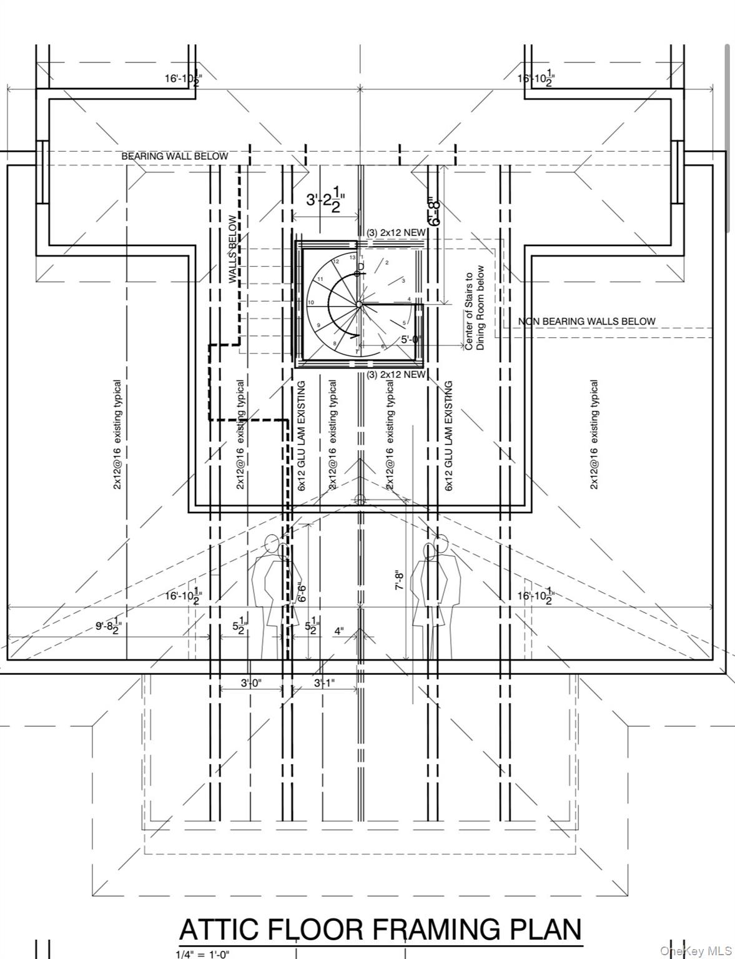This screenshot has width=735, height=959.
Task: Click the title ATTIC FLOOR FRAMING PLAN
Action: tap(380, 929)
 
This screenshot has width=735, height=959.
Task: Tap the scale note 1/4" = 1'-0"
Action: tap(202, 954)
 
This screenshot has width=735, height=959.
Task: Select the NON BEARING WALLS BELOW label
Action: tap(586, 322)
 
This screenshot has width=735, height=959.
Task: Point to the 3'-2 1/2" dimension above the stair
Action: tap(325, 199)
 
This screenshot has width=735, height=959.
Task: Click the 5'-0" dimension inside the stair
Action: tap(411, 340)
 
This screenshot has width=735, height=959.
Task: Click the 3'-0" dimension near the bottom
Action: tap(252, 683)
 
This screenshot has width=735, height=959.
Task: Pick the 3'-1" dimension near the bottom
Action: tap(324, 683)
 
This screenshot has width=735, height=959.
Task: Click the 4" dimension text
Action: tap(338, 631)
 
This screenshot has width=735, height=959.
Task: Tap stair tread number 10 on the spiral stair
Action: tap(310, 303)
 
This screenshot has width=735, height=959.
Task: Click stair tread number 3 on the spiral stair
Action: tap(403, 281)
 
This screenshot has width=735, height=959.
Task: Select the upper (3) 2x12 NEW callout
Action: tap(397, 233)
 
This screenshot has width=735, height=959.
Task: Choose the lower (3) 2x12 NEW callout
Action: tap(396, 375)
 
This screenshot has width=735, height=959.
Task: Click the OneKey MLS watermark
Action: tap(696, 951)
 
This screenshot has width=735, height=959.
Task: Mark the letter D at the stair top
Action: tap(360, 267)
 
